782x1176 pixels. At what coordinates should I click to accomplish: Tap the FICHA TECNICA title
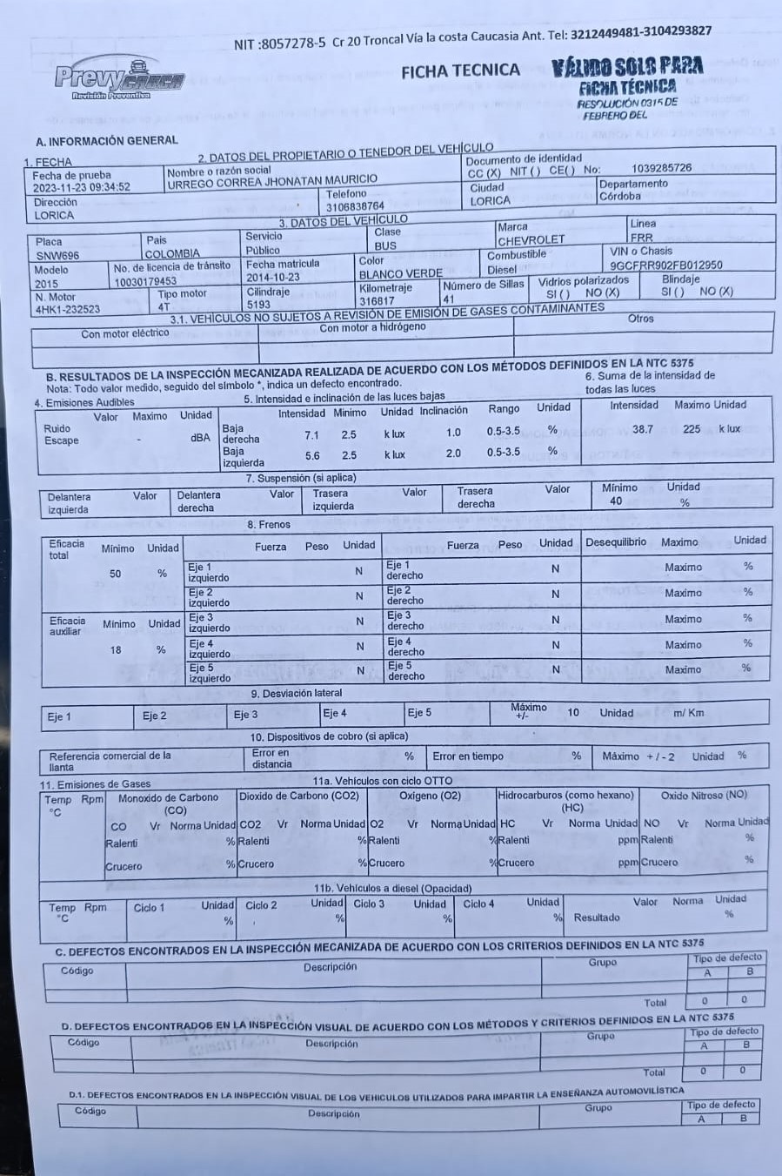click(460, 71)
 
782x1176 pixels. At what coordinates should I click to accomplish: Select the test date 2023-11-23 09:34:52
click(82, 187)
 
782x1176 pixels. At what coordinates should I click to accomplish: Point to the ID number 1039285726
click(661, 168)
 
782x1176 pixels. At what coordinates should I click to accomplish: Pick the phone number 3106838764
click(355, 207)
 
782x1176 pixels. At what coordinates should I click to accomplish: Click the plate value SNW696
click(57, 256)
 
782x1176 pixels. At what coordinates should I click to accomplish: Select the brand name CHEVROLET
click(531, 240)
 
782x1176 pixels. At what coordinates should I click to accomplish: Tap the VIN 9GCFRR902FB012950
click(665, 265)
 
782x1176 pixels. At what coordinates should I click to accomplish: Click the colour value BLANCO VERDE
click(400, 274)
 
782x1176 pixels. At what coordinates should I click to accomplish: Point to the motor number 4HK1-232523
click(68, 309)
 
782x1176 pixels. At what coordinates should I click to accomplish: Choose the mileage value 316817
click(377, 301)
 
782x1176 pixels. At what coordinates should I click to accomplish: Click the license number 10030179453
click(144, 281)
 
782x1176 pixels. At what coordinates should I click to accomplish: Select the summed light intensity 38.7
click(642, 429)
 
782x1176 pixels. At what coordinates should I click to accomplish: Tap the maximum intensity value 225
click(692, 429)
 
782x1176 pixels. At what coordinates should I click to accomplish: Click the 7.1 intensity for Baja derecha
click(311, 435)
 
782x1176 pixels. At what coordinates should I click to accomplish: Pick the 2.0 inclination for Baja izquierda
click(453, 454)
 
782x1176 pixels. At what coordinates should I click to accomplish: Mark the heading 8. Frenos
click(269, 525)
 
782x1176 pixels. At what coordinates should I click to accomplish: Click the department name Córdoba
click(619, 197)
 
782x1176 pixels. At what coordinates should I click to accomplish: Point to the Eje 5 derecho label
click(406, 671)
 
